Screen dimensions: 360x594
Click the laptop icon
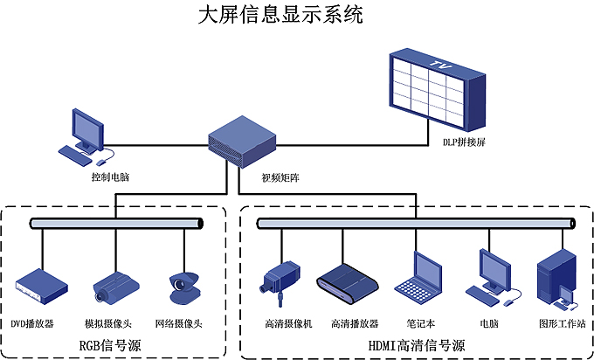pos(416,277)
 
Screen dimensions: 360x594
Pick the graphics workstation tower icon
pos(558,278)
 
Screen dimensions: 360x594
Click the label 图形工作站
pos(560,323)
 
